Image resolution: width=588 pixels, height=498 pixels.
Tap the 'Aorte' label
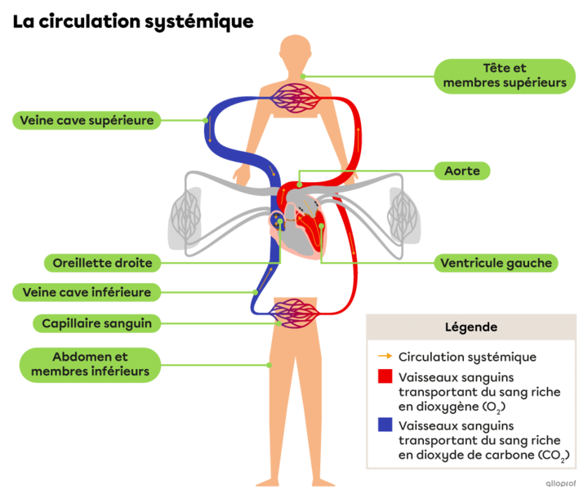(x=461, y=171)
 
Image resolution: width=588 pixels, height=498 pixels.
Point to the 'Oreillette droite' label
(x=102, y=263)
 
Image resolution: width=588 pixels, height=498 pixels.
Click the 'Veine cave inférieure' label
(x=87, y=292)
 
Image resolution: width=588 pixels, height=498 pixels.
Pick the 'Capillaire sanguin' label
(x=96, y=323)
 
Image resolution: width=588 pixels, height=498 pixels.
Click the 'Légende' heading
(x=470, y=327)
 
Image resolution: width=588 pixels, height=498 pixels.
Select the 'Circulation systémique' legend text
(x=467, y=357)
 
